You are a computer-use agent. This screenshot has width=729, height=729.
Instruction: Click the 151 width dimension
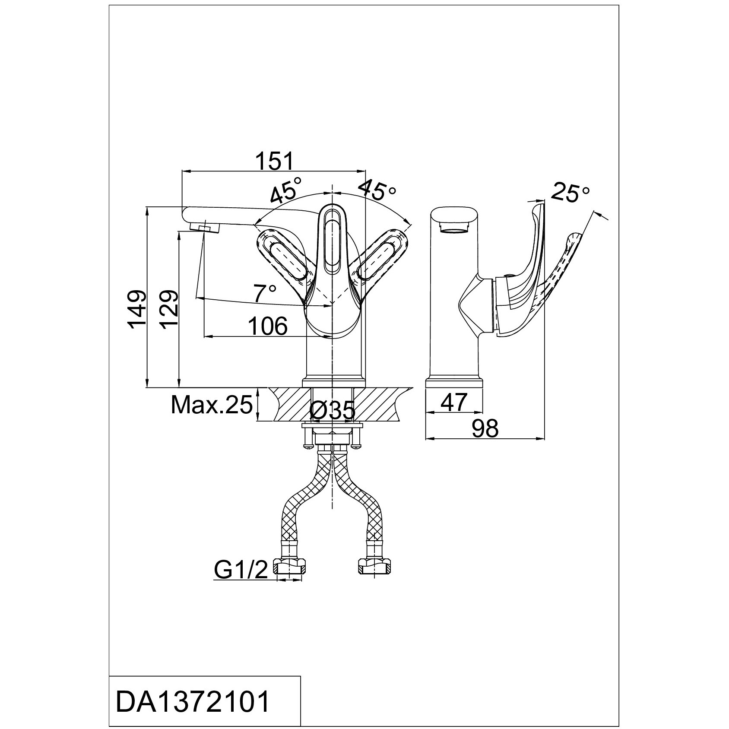click(275, 162)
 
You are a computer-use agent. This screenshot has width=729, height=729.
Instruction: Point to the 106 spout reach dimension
click(268, 326)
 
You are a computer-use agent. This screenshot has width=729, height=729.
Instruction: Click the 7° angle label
click(264, 294)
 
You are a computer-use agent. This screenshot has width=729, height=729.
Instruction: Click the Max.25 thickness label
click(212, 405)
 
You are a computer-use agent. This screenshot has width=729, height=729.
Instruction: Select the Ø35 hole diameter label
click(333, 411)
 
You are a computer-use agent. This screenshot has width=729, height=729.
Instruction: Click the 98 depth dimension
click(485, 428)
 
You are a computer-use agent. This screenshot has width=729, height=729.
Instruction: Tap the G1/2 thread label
click(241, 570)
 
